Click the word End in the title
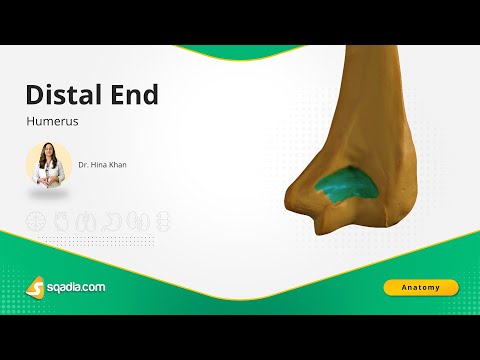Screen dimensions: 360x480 click(135, 96)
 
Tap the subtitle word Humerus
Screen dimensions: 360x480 click(46, 123)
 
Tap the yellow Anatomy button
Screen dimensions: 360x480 click(420, 288)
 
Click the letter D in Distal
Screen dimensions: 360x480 click(34, 96)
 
